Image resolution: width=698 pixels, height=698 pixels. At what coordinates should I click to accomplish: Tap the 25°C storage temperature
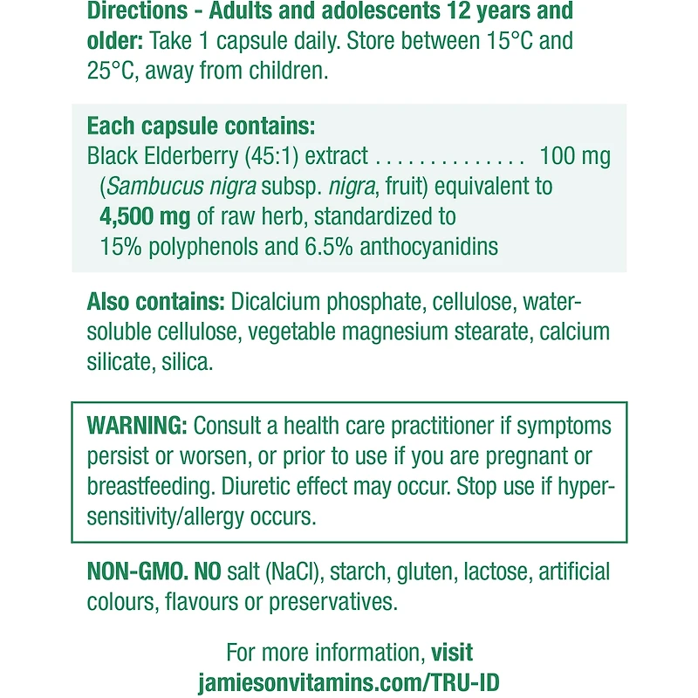click(x=114, y=71)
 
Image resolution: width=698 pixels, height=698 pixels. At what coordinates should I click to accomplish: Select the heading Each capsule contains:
click(x=201, y=127)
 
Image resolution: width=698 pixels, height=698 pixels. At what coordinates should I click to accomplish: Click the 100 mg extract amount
click(x=575, y=156)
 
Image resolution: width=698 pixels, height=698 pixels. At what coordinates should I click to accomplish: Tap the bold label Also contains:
click(x=155, y=302)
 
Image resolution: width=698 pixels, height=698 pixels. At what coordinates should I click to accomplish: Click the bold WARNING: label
click(x=137, y=426)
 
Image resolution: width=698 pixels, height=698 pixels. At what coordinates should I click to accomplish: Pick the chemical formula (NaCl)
click(x=291, y=572)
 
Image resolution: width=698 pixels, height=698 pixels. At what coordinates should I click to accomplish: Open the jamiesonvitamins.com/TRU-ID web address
click(x=349, y=682)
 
